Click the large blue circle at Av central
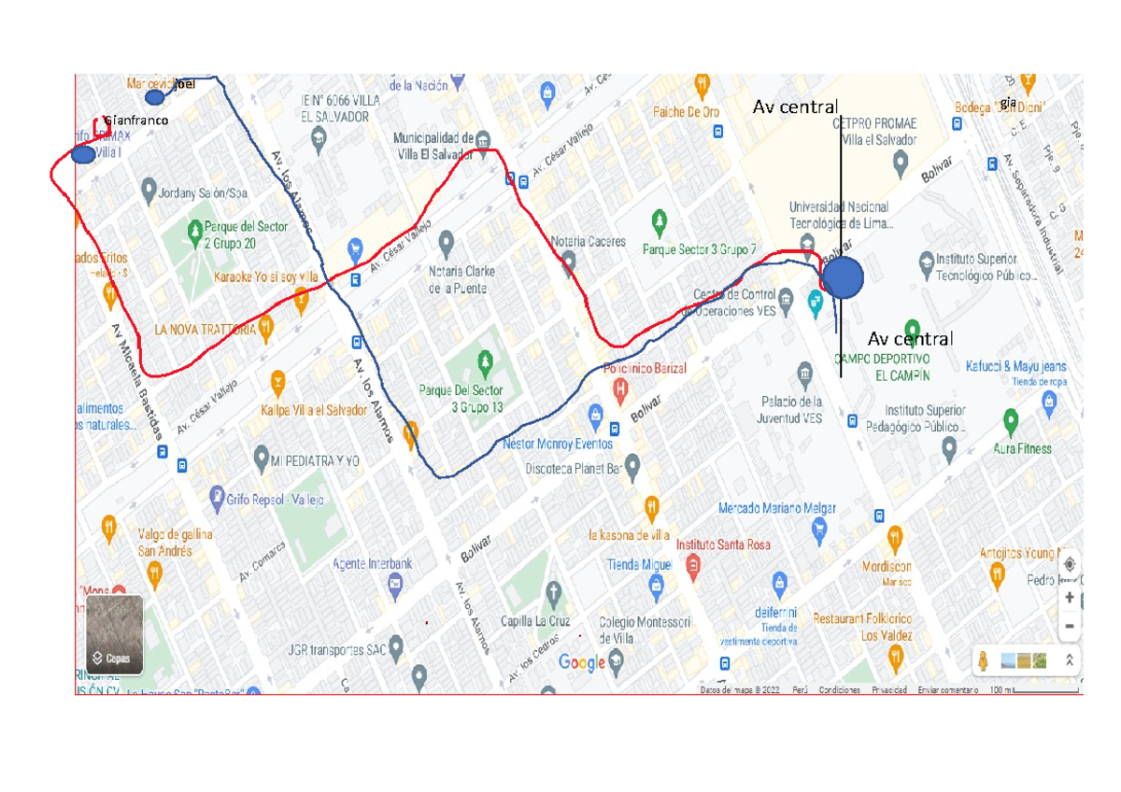click(844, 278)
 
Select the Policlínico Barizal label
click(645, 368)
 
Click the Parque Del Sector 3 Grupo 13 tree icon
click(484, 361)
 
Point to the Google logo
click(582, 662)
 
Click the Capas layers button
click(115, 635)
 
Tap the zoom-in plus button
click(1070, 598)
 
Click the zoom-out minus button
click(1070, 625)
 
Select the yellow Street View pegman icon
click(983, 660)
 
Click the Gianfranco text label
click(136, 120)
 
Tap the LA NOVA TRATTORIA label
click(205, 329)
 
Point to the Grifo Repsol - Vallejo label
click(274, 500)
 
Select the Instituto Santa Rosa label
click(723, 544)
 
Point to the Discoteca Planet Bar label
click(572, 469)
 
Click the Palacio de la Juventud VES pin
click(804, 377)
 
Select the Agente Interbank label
click(374, 564)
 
